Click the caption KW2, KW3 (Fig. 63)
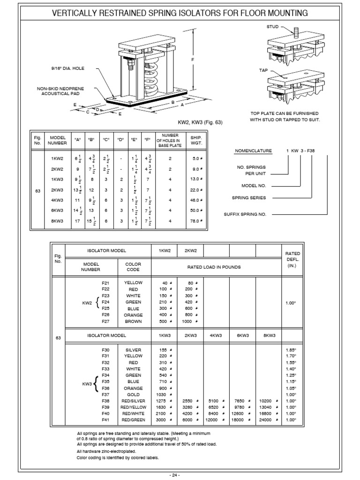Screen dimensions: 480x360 (x=199, y=122)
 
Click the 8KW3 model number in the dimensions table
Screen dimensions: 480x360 (x=57, y=220)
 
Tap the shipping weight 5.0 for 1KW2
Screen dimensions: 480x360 (x=196, y=158)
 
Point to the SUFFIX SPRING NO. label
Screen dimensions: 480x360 (x=246, y=215)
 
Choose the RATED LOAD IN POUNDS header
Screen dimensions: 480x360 (x=215, y=267)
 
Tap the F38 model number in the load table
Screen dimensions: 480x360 (x=105, y=401)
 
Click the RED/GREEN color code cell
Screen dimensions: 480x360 (x=133, y=420)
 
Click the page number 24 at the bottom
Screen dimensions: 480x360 (x=175, y=474)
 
